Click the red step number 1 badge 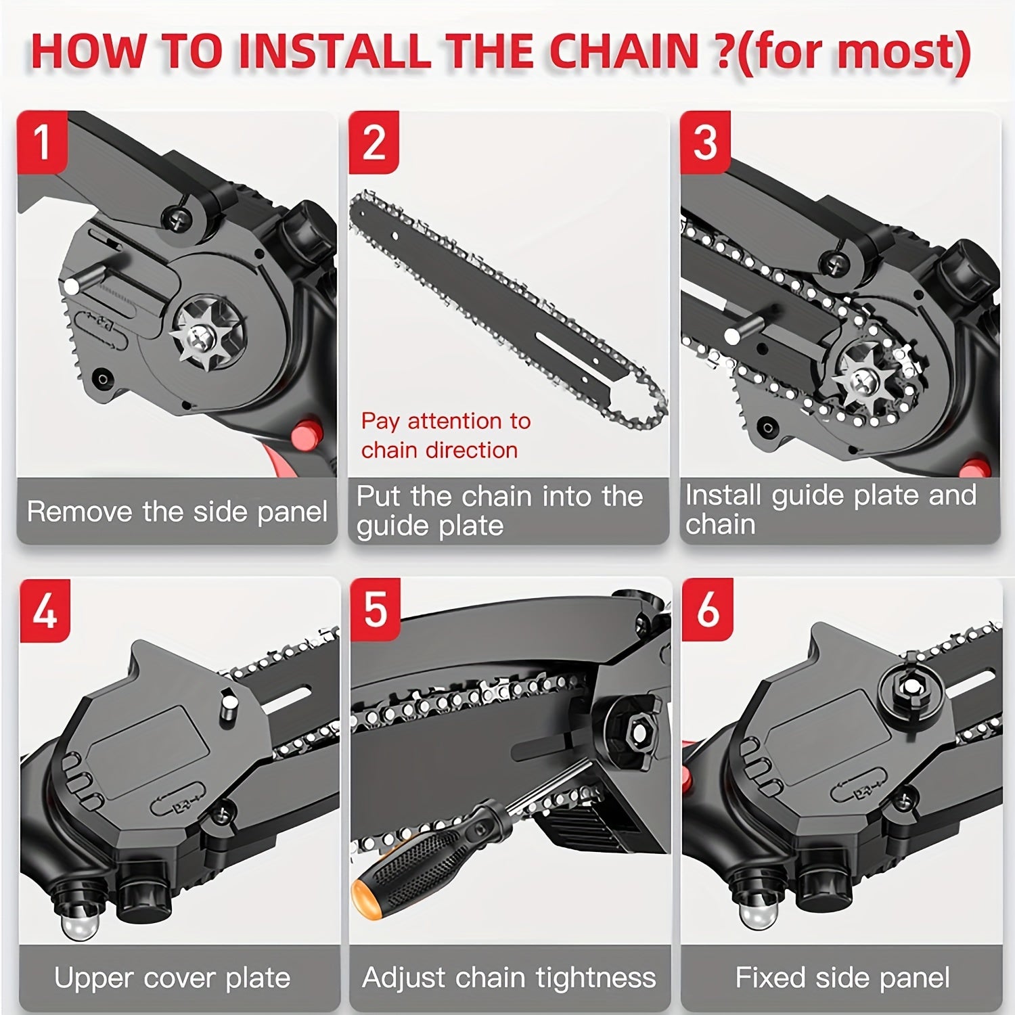pyautogui.click(x=42, y=141)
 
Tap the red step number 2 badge pyautogui.click(x=374, y=141)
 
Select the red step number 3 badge pyautogui.click(x=705, y=141)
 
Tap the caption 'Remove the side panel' pyautogui.click(x=177, y=512)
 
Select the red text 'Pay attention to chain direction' pyautogui.click(x=445, y=435)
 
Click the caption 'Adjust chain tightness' pyautogui.click(x=509, y=978)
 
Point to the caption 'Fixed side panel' pyautogui.click(x=842, y=978)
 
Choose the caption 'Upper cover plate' pyautogui.click(x=172, y=978)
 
